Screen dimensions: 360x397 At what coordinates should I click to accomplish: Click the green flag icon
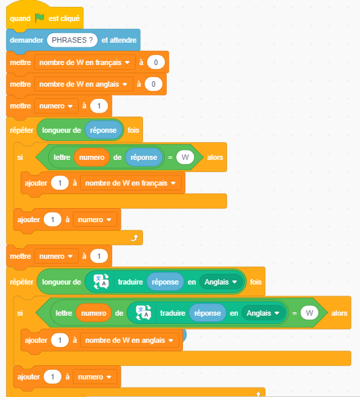(39, 18)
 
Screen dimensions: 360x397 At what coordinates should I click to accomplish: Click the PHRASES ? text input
(72, 40)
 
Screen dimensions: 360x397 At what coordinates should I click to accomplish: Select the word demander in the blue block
(26, 40)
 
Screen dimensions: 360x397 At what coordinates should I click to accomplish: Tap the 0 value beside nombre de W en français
(156, 62)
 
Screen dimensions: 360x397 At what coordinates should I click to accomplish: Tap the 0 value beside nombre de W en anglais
(153, 84)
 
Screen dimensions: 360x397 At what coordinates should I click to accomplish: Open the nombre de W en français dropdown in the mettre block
(85, 62)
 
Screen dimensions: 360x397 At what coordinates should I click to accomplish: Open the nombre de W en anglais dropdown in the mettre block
(83, 84)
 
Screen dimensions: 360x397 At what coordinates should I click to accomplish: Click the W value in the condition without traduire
(185, 157)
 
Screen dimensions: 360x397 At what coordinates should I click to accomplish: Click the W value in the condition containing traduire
(309, 313)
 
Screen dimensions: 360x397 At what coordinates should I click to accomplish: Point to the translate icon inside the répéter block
(101, 282)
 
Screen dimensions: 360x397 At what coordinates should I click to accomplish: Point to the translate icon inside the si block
(144, 313)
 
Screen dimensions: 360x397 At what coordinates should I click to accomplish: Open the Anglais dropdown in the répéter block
(220, 282)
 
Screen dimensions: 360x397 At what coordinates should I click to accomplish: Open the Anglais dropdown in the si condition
(263, 313)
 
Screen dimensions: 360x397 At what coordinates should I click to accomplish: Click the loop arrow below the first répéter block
(134, 238)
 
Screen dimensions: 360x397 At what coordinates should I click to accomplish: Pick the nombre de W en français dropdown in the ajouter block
(130, 183)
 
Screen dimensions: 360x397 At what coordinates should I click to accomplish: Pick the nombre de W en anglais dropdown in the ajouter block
(129, 340)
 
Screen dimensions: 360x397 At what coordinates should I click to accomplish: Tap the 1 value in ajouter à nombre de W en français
(60, 183)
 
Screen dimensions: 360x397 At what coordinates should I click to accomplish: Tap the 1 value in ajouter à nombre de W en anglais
(60, 340)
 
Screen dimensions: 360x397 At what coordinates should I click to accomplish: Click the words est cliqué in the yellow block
(64, 18)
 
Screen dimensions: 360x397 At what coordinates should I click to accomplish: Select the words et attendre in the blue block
(119, 40)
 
